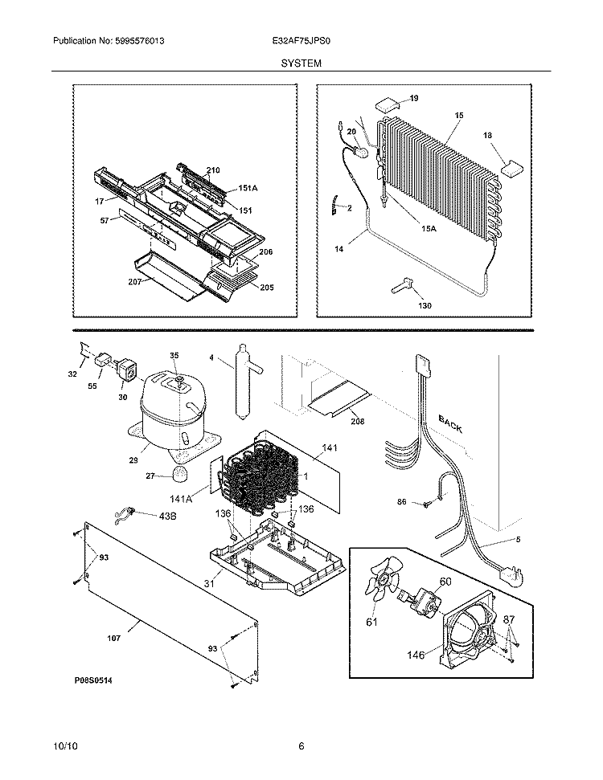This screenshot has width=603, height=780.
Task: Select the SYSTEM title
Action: tap(301, 62)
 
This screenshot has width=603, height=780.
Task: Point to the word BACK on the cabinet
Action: tap(449, 423)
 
